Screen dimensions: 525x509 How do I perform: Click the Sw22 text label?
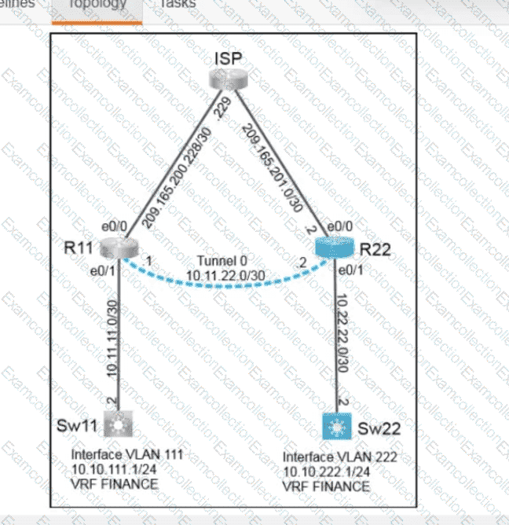pyautogui.click(x=374, y=429)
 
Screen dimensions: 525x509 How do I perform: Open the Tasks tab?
pyautogui.click(x=177, y=5)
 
